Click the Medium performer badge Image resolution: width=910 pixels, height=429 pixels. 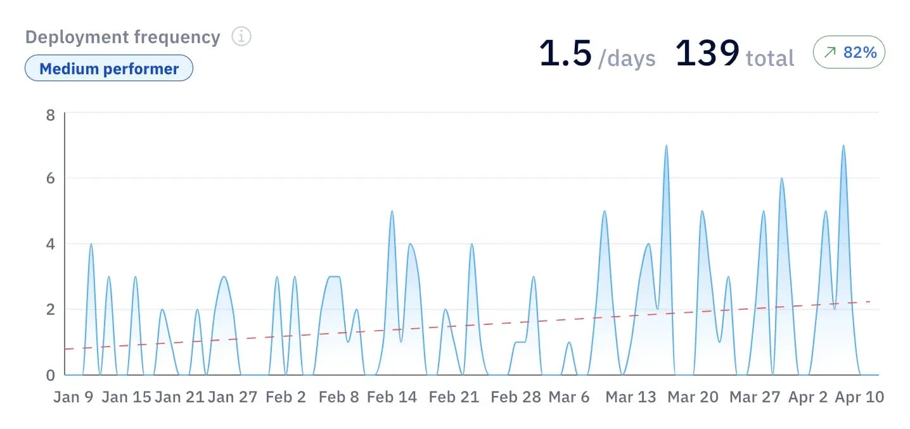109,69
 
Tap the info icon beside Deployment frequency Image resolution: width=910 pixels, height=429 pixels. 241,37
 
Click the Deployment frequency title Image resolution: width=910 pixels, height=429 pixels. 122,37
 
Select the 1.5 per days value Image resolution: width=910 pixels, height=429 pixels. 566,53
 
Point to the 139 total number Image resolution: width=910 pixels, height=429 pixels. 707,53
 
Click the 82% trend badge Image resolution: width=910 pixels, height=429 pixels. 849,53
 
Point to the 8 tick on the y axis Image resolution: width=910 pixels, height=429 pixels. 50,115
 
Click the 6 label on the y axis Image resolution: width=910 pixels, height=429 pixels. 50,178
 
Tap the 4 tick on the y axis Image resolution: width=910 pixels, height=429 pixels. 50,244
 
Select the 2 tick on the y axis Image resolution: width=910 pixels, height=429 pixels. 50,310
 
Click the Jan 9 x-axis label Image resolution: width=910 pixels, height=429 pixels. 74,397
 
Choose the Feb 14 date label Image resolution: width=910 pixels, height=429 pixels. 392,397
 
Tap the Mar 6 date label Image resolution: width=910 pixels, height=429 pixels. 569,397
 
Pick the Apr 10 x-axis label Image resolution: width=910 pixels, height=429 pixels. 859,397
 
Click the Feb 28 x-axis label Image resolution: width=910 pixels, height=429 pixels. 516,397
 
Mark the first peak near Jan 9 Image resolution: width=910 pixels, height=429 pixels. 91,245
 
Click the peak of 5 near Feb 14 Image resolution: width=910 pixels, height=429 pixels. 392,212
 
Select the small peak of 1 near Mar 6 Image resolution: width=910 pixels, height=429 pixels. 569,343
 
